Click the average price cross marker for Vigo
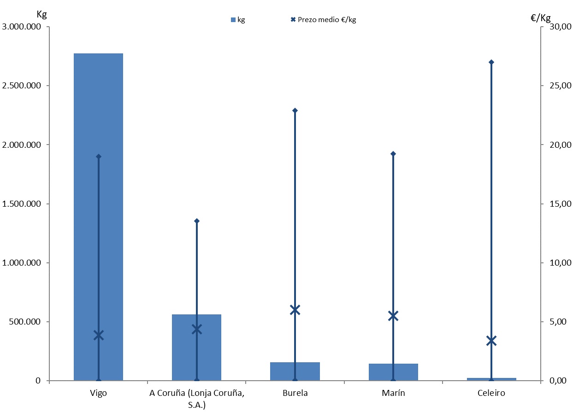99,335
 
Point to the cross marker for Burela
295,310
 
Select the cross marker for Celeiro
491,341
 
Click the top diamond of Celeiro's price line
491,62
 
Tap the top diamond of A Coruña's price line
197,221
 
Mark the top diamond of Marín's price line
393,154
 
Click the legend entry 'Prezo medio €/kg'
323,20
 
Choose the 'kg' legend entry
238,20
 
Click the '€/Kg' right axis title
540,18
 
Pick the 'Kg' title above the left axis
42,14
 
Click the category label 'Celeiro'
491,393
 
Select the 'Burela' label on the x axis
295,393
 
